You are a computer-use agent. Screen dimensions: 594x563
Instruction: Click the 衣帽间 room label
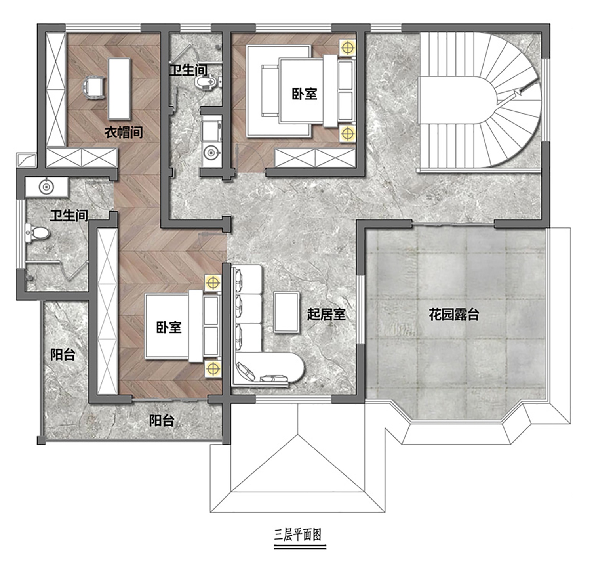coord(124,132)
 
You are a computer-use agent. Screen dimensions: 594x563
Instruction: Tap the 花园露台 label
coord(454,315)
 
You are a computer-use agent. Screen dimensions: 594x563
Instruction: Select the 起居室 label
coord(326,315)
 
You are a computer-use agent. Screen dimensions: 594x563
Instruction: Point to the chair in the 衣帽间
coord(93,88)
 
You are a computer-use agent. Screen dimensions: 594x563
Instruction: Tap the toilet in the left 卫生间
coord(38,233)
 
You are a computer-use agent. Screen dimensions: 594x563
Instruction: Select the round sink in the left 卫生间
coord(46,187)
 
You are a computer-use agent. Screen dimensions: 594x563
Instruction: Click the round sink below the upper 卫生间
coord(211,153)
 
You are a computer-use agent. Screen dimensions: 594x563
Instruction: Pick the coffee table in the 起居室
coord(286,313)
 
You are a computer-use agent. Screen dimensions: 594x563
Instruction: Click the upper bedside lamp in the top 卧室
coord(347,48)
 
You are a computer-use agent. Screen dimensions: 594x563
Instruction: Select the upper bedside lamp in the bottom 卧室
coord(213,283)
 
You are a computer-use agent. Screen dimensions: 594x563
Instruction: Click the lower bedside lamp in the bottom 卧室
coord(213,369)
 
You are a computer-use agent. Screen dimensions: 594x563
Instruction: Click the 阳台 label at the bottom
coord(162,421)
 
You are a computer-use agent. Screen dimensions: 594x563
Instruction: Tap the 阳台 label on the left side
coord(63,354)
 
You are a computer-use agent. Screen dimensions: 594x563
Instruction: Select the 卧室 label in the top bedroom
coord(305,94)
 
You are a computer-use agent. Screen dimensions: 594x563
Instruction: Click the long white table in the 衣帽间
coord(120,89)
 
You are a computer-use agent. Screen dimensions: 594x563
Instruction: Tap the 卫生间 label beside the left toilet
coord(69,216)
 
